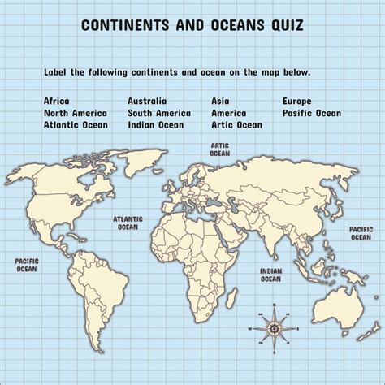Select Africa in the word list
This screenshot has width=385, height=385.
pos(58,101)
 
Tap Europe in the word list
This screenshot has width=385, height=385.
pos(298,101)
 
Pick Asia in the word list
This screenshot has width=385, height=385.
pos(220,101)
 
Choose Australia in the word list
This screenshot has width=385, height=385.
pos(147,101)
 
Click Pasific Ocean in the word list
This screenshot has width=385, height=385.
pos(312,113)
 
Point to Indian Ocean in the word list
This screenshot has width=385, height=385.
pos(155,125)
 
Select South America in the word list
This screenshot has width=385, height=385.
pos(158,113)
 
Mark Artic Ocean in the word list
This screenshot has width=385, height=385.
pos(236,125)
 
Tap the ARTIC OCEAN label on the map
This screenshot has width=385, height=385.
pos(219,149)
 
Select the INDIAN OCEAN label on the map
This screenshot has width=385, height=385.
pos(270,275)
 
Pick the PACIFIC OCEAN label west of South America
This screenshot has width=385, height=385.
pos(26,264)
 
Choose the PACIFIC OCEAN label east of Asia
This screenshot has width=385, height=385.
pos(361,233)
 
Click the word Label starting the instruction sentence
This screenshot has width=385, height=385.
pos(57,73)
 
